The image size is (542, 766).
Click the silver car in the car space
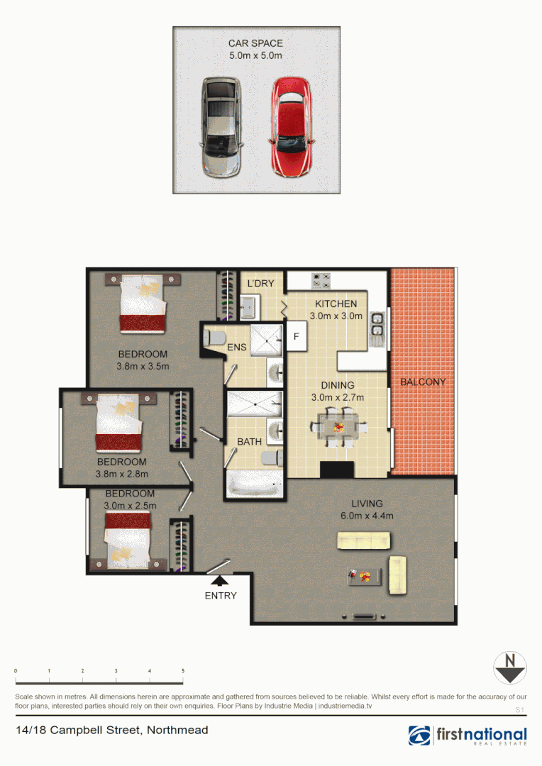click(221, 127)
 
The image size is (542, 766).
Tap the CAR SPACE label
click(255, 43)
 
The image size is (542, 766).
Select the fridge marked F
click(297, 336)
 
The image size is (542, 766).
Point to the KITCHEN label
click(336, 304)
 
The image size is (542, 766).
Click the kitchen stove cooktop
click(321, 281)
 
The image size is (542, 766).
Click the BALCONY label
click(423, 382)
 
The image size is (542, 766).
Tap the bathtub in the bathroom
click(254, 487)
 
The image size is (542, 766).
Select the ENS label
click(237, 348)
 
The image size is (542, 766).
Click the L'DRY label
click(260, 284)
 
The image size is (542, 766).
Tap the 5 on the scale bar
click(183, 671)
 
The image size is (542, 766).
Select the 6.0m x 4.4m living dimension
click(368, 516)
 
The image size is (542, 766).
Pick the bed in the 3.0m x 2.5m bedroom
click(128, 537)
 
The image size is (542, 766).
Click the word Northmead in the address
click(177, 730)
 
